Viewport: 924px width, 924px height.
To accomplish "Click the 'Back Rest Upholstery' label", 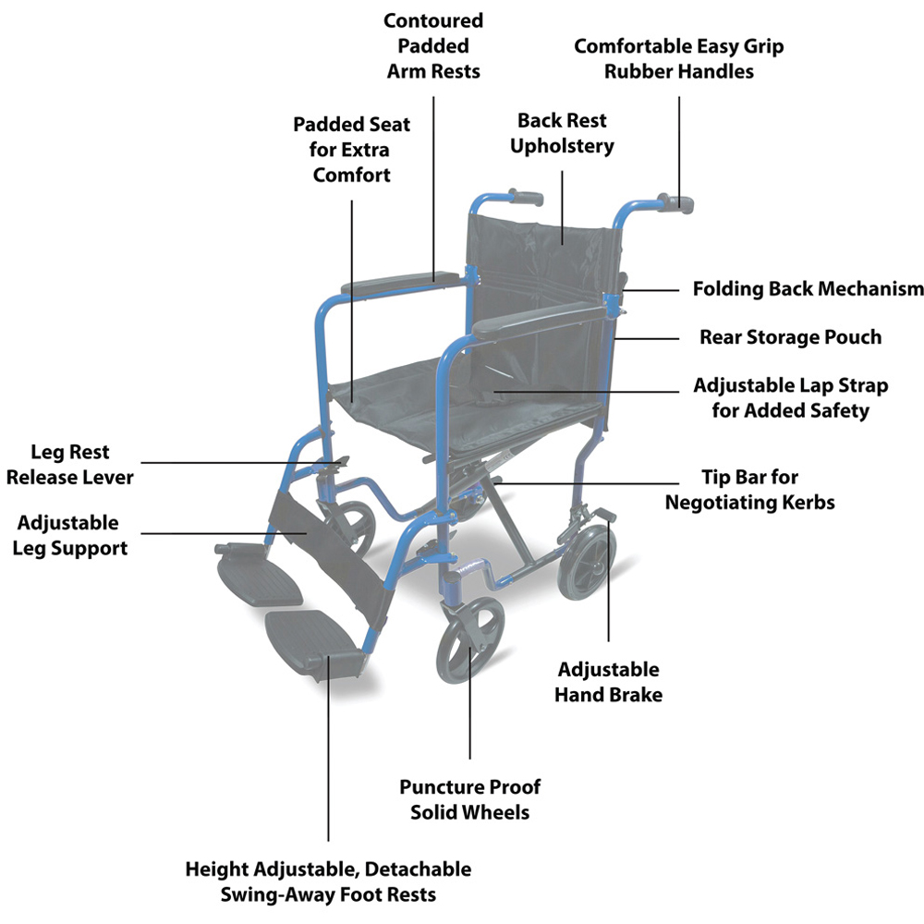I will click(564, 133).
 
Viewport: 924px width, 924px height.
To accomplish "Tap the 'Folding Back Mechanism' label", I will click(808, 289).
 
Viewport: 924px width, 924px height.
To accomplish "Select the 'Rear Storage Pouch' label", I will click(790, 337).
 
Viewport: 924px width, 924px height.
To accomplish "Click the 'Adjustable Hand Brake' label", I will click(608, 682).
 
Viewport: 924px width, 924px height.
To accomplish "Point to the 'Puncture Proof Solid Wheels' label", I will click(469, 799).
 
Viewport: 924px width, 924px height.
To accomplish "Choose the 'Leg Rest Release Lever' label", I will click(69, 465).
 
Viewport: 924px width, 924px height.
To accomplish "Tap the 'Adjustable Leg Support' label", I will click(72, 535).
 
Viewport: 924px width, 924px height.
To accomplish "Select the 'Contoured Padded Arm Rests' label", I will click(433, 45).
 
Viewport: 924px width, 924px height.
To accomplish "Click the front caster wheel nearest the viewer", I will click(470, 644).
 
